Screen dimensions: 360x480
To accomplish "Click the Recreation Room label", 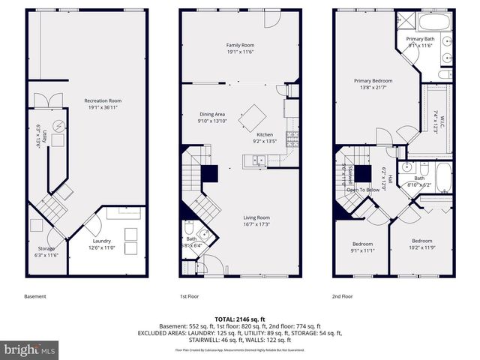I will click(103, 100).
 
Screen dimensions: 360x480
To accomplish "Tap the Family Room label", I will click(240, 45).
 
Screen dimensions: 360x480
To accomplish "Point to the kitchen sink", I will click(258, 160).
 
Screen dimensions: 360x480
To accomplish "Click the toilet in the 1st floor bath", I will click(189, 229).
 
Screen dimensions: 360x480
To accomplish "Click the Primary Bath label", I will click(420, 38).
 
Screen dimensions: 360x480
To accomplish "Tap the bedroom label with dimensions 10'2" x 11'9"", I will click(421, 241).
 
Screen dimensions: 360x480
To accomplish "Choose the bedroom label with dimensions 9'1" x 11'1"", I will click(363, 244).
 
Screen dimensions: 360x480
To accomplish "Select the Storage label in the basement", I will click(46, 248).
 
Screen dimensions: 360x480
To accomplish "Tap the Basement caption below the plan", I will click(36, 296).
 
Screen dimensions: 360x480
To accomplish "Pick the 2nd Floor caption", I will click(343, 296).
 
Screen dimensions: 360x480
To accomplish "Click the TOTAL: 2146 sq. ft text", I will click(239, 319).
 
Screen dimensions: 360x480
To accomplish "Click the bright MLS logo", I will click(30, 349).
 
